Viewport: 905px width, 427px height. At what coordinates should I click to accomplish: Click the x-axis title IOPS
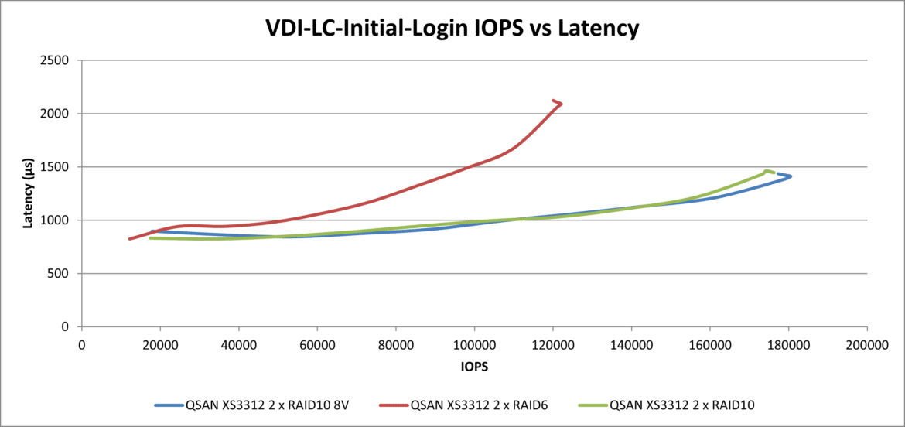474,366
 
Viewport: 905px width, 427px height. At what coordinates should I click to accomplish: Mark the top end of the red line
554,101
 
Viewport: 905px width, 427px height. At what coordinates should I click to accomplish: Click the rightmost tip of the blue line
791,176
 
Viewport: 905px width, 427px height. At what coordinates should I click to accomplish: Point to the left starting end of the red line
129,239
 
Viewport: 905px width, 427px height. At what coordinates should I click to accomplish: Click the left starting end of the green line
150,238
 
